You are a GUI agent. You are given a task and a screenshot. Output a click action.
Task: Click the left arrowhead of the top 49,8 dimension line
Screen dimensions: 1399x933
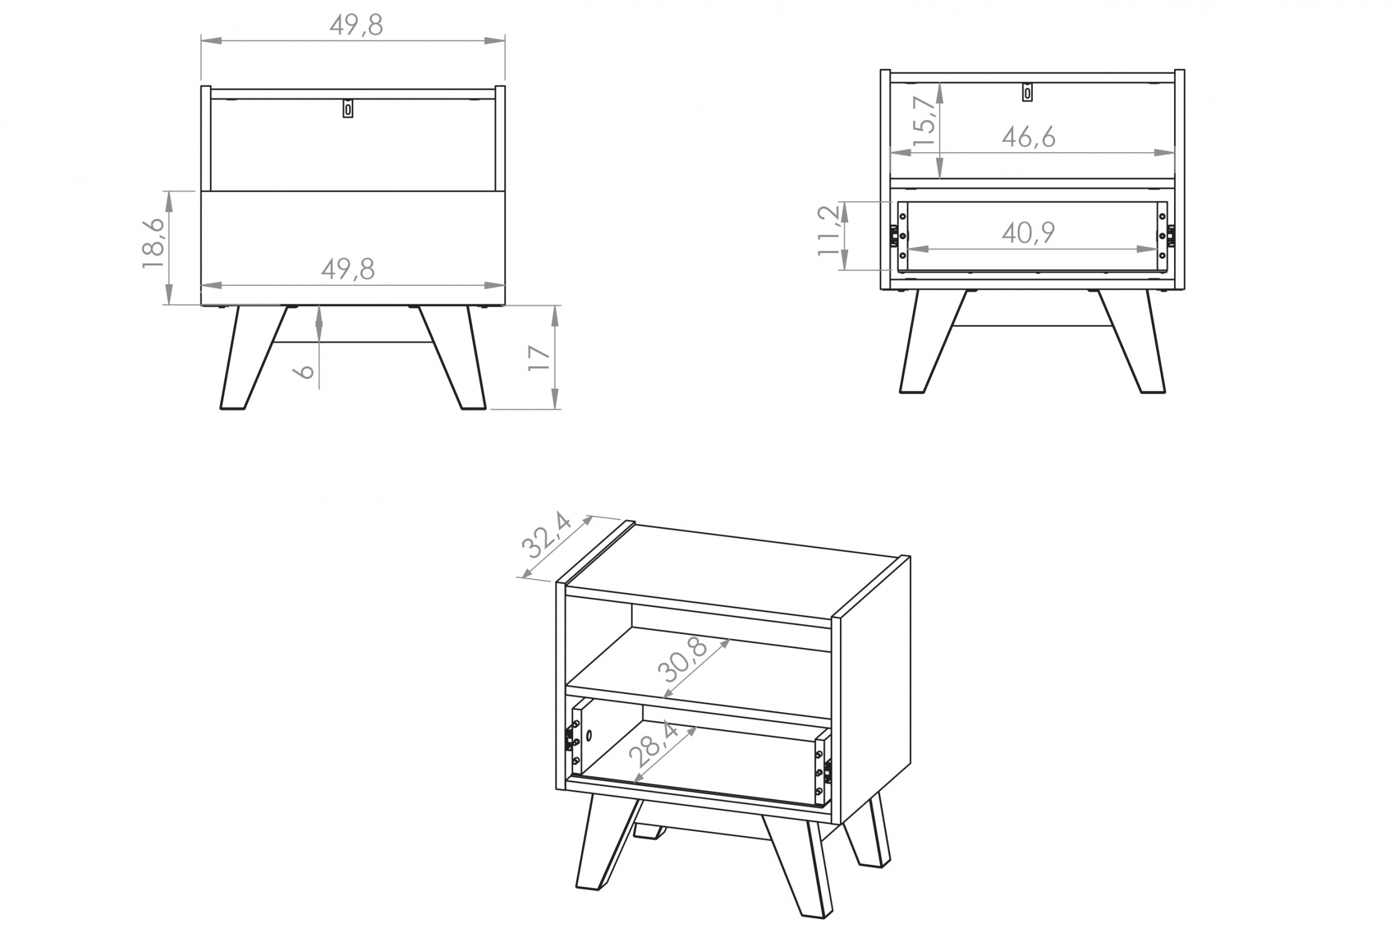point(211,41)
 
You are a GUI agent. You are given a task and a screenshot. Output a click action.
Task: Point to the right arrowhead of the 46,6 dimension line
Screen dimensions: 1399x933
point(1165,153)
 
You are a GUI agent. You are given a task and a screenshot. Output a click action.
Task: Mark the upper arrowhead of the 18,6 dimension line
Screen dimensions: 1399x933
point(169,201)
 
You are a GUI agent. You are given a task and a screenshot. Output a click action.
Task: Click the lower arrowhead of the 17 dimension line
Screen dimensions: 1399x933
point(555,399)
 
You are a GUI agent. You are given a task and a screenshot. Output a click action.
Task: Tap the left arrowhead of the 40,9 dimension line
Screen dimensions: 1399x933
point(919,250)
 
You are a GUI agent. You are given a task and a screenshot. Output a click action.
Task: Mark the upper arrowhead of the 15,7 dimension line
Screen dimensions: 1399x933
point(940,92)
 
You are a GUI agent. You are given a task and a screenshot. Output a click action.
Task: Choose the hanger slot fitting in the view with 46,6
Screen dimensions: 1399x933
point(1027,92)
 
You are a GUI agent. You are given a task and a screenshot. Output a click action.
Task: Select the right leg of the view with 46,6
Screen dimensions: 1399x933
point(1131,342)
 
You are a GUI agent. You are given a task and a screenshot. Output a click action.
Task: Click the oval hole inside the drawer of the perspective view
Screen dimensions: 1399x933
point(589,735)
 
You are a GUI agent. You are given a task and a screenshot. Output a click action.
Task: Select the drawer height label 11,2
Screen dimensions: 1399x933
point(828,230)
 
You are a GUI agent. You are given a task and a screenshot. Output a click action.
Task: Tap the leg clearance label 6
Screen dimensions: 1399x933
point(304,372)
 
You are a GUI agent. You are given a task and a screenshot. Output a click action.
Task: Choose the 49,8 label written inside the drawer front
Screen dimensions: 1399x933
point(348,269)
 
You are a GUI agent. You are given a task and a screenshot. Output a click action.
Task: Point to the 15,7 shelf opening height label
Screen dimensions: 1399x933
point(924,121)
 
